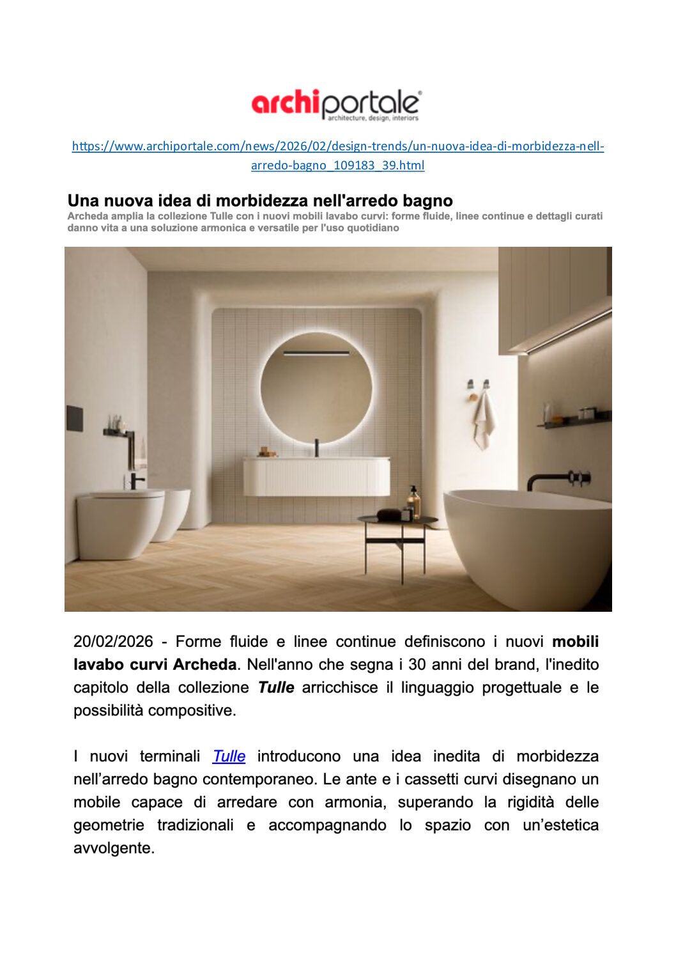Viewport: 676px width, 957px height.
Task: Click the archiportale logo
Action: coord(337,105)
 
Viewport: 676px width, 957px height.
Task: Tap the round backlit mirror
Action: coord(316,387)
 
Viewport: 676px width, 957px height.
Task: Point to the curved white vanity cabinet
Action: coord(316,477)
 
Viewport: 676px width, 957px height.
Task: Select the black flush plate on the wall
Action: coord(75,417)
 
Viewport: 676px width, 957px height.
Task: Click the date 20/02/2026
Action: coord(113,642)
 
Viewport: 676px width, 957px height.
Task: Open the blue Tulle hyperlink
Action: coord(229,756)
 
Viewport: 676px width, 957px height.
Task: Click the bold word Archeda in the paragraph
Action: coord(204,665)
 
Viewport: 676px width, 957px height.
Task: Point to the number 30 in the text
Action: coord(417,665)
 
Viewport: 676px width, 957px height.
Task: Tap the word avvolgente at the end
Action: coord(114,848)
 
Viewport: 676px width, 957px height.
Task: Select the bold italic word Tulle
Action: coord(276,688)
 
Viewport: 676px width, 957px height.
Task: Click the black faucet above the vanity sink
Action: coord(316,447)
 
